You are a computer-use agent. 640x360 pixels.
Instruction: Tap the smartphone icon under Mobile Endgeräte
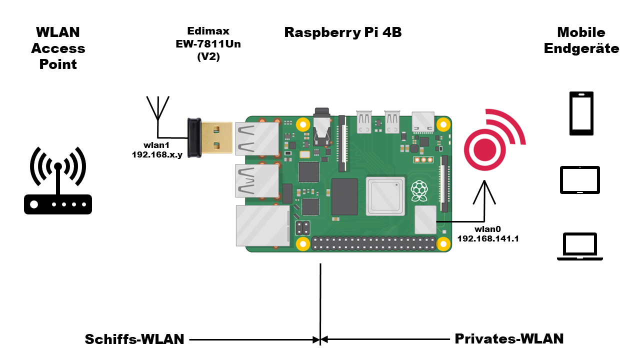581,113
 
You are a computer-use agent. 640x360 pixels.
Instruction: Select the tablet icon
579,180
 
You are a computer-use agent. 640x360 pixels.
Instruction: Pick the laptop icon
580,246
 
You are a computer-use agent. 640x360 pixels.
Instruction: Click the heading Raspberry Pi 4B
343,32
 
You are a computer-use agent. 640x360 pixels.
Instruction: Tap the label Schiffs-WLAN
134,339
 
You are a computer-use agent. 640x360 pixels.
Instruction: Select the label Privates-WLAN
509,338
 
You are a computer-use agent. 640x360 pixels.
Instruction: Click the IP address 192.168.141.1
488,238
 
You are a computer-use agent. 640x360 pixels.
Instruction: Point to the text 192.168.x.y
156,154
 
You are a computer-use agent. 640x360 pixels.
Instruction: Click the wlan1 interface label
156,145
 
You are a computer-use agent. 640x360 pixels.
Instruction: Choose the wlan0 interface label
487,229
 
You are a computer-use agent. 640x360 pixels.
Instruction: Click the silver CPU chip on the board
384,195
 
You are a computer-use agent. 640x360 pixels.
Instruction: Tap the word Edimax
208,30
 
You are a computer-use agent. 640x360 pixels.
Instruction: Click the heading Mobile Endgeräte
581,40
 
